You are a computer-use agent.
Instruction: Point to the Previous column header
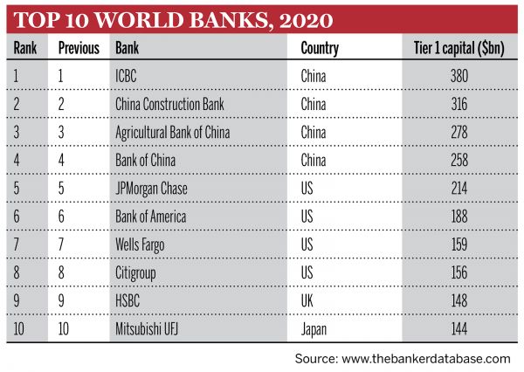pyautogui.click(x=79, y=48)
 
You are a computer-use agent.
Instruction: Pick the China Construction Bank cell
pyautogui.click(x=169, y=104)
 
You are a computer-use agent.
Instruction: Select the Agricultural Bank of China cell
pyautogui.click(x=176, y=132)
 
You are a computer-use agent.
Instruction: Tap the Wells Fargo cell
pyautogui.click(x=140, y=245)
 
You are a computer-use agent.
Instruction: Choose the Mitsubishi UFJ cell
pyautogui.click(x=150, y=329)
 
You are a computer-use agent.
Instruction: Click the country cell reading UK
pyautogui.click(x=308, y=301)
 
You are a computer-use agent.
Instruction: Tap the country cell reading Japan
pyautogui.click(x=315, y=329)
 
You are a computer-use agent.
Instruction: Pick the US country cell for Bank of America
pyautogui.click(x=308, y=217)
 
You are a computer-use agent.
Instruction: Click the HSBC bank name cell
pyautogui.click(x=129, y=301)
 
